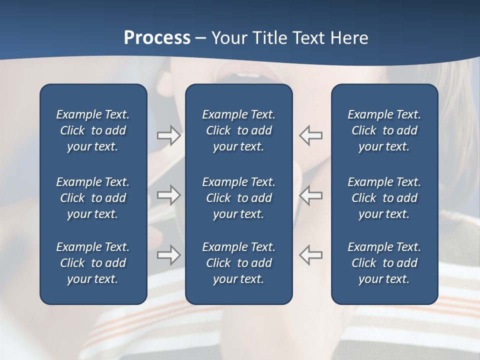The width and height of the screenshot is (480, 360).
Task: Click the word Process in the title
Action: (x=157, y=38)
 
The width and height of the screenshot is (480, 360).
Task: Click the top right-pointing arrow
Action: (x=169, y=135)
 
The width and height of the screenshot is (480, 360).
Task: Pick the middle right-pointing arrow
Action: (x=169, y=195)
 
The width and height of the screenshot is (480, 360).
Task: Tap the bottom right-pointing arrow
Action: (x=169, y=255)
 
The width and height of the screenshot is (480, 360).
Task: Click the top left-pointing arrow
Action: (x=311, y=135)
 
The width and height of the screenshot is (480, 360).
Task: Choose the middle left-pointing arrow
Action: (x=311, y=195)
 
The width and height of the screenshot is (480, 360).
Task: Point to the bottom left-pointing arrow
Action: (x=311, y=255)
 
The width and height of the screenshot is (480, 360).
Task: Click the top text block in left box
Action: (x=93, y=130)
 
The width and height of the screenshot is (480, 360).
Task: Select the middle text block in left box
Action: (x=93, y=198)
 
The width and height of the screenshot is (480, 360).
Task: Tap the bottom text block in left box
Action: (x=93, y=263)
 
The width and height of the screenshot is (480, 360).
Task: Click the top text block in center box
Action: (x=238, y=130)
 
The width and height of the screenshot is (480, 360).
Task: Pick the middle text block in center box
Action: (x=238, y=198)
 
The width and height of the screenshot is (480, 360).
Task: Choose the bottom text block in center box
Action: (x=238, y=263)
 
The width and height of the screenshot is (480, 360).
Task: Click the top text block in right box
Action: (x=384, y=130)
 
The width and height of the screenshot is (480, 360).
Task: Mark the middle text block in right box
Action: (x=384, y=198)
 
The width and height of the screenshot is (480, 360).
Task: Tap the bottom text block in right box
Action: (x=384, y=263)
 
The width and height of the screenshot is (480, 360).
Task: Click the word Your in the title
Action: (x=228, y=38)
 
